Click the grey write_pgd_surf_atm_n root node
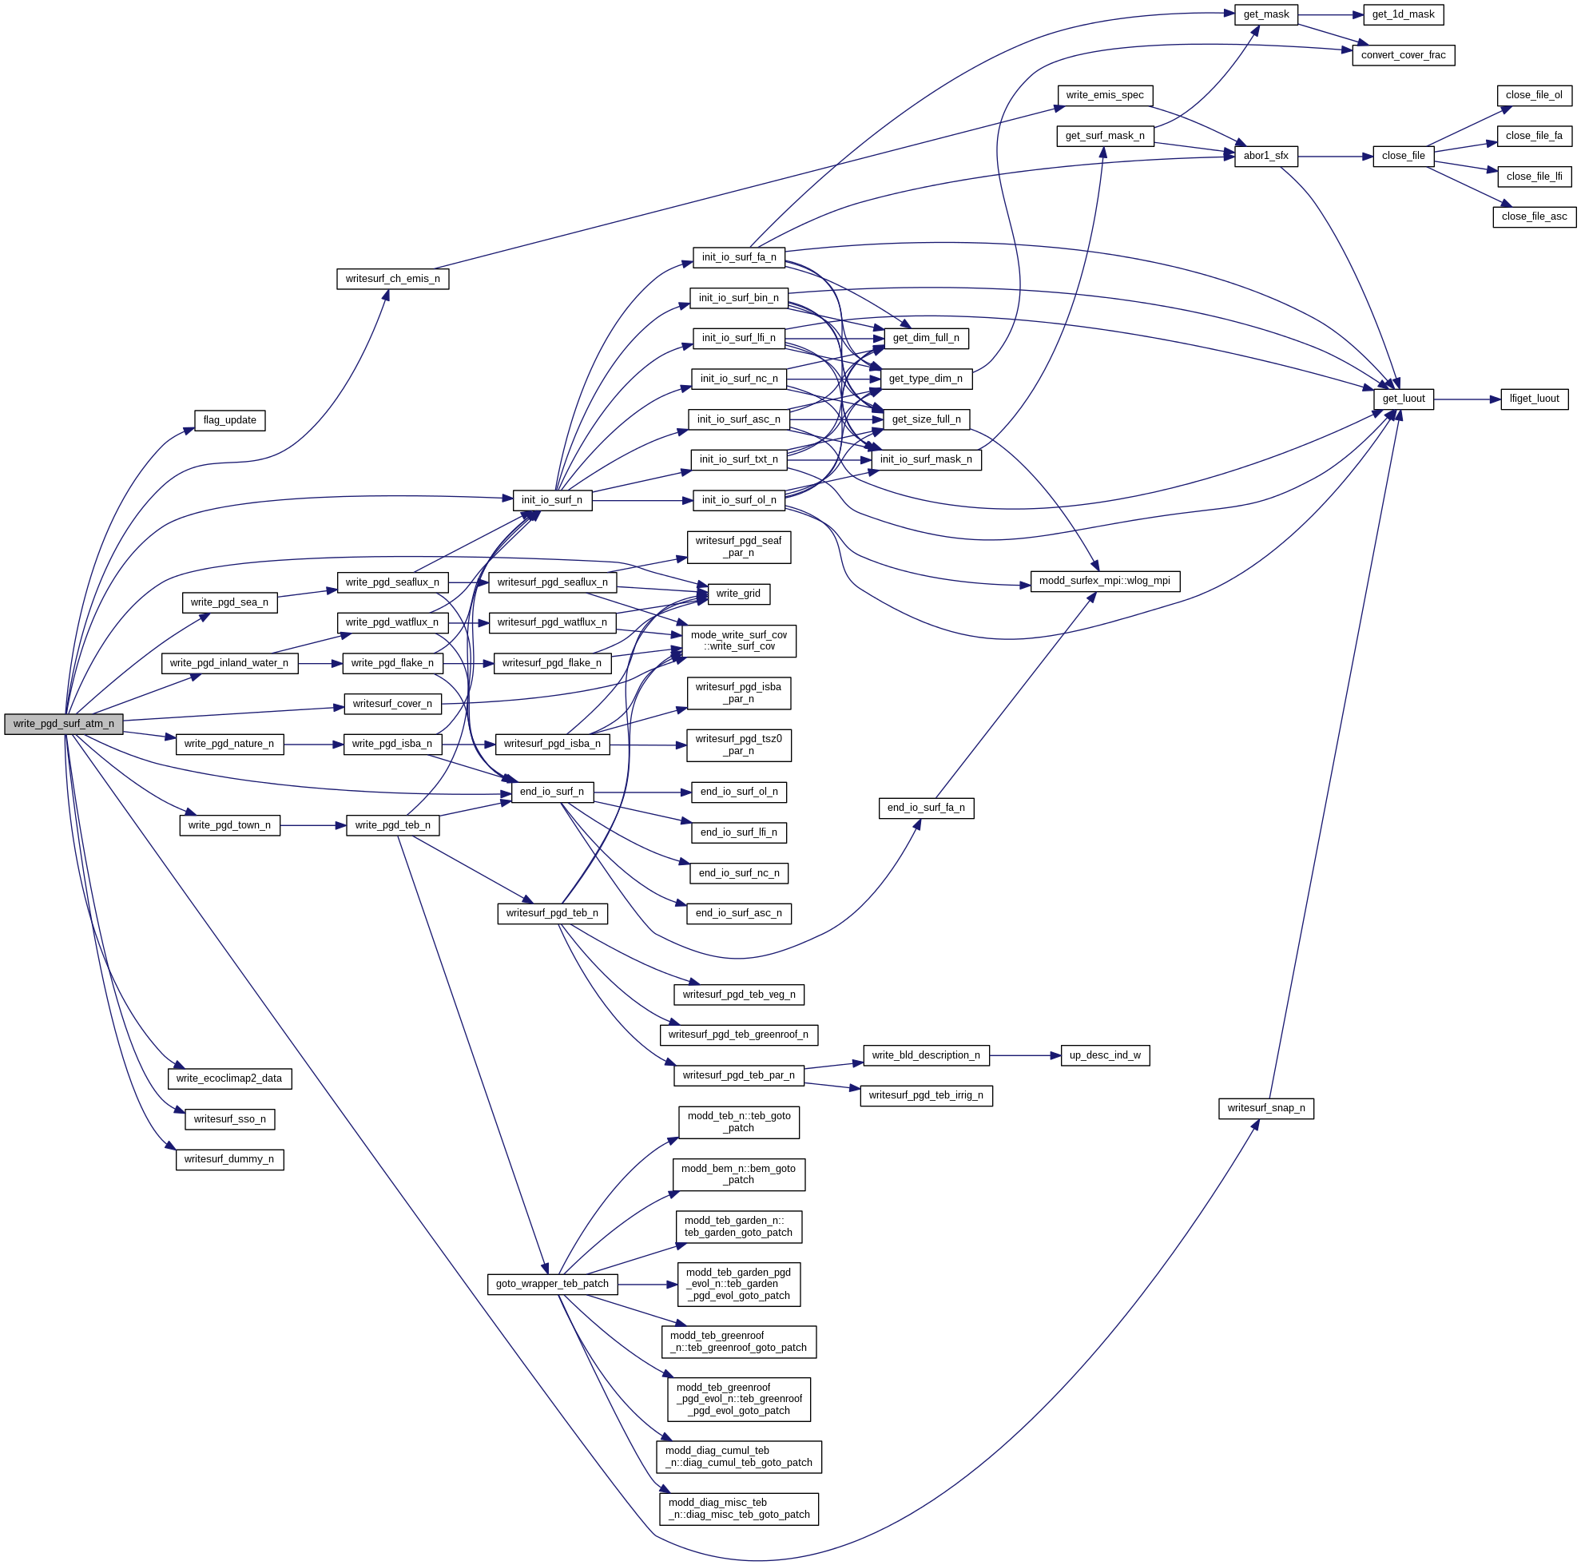click(64, 725)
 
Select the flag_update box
click(230, 421)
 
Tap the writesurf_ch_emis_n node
click(393, 279)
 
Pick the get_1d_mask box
click(1403, 14)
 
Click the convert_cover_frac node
click(1403, 56)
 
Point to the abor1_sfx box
click(1265, 157)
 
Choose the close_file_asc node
click(1534, 217)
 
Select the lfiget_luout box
click(1534, 399)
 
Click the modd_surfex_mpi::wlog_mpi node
click(1104, 581)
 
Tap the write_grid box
click(737, 594)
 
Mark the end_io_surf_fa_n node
click(926, 808)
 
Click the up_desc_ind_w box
click(1104, 1056)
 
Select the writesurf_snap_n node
click(1265, 1108)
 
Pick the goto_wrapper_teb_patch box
click(551, 1285)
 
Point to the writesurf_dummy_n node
click(229, 1160)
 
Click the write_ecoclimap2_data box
click(229, 1078)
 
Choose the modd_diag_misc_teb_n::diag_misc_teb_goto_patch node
click(738, 1508)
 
